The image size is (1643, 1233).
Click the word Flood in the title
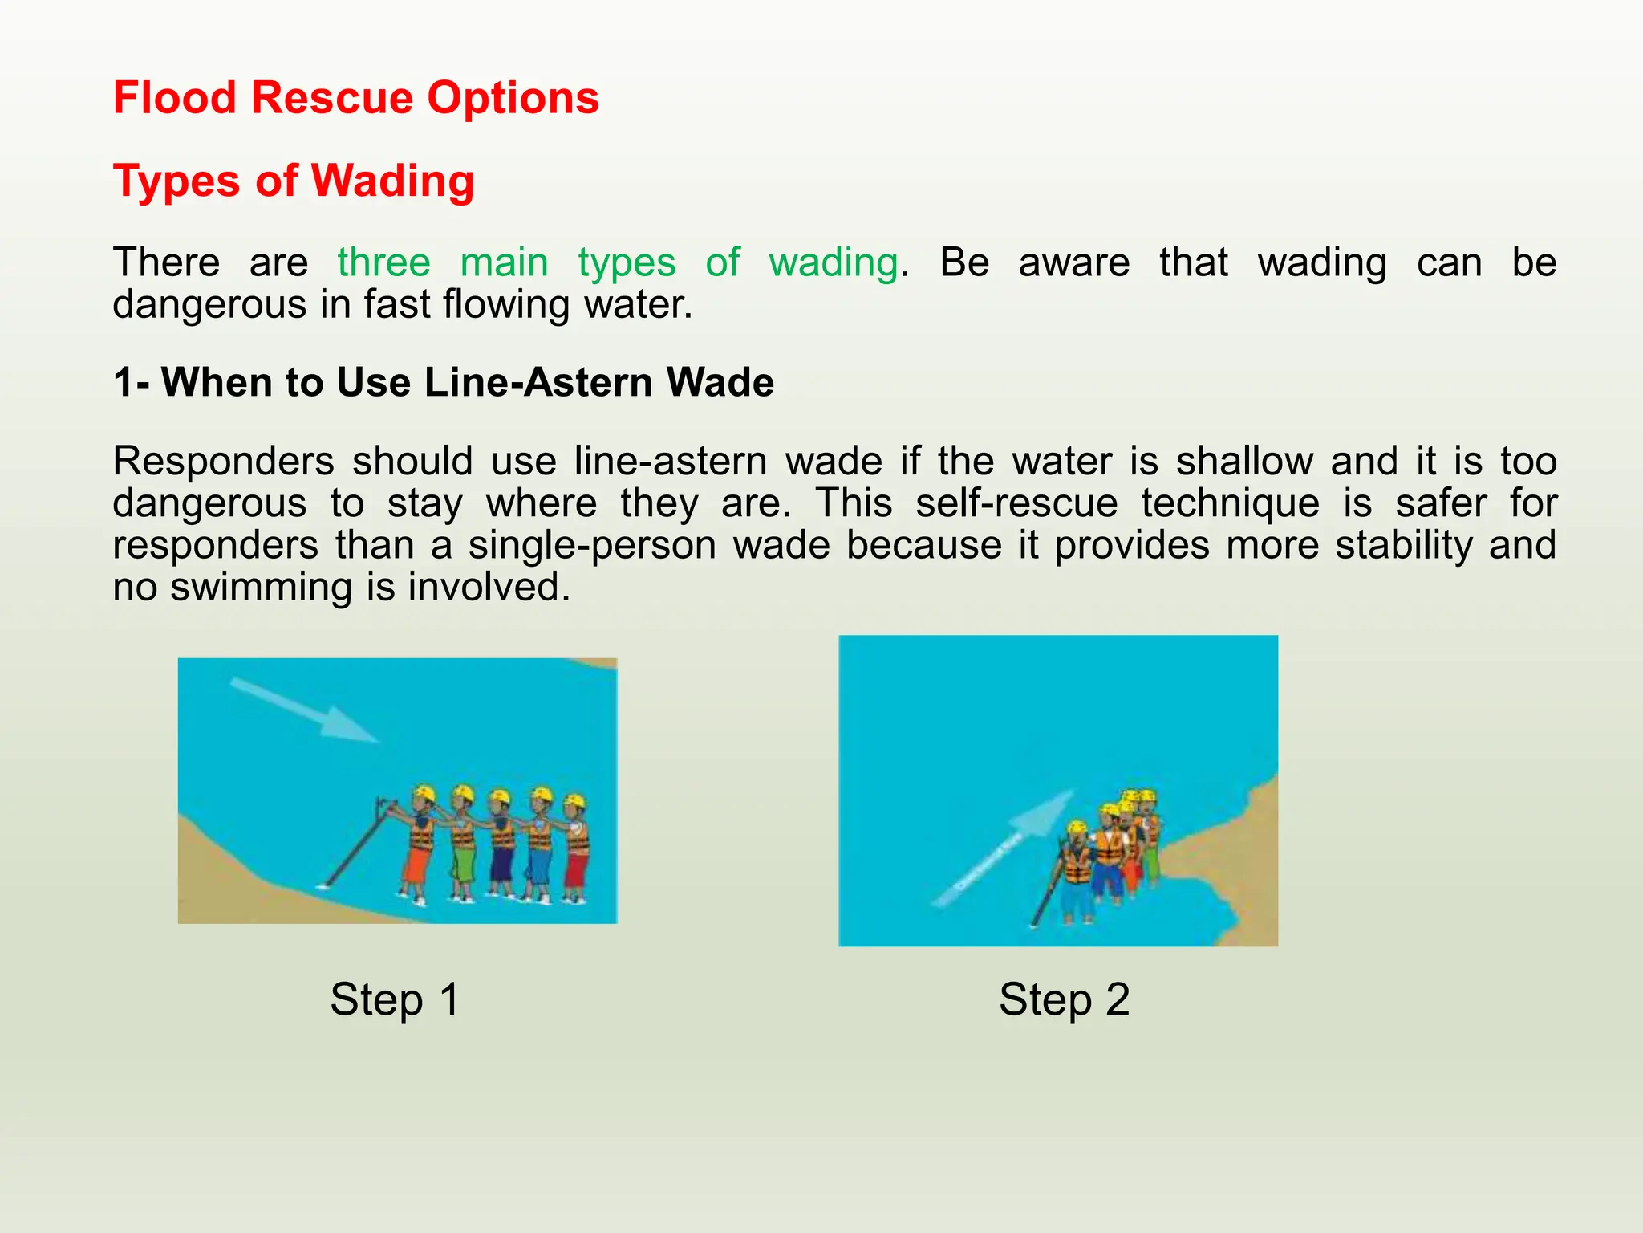coord(175,98)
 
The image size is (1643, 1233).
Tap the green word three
coord(383,262)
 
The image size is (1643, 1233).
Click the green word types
coord(627,262)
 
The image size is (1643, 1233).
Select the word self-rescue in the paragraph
coord(1016,503)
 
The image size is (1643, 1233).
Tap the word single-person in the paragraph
coord(593,545)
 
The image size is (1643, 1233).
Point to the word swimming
coord(261,587)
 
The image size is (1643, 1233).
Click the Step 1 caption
coord(395,999)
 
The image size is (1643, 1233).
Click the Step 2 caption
coord(1064,999)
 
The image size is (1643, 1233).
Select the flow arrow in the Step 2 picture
coord(1003,851)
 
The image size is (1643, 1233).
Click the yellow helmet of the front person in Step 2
coord(1077,828)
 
